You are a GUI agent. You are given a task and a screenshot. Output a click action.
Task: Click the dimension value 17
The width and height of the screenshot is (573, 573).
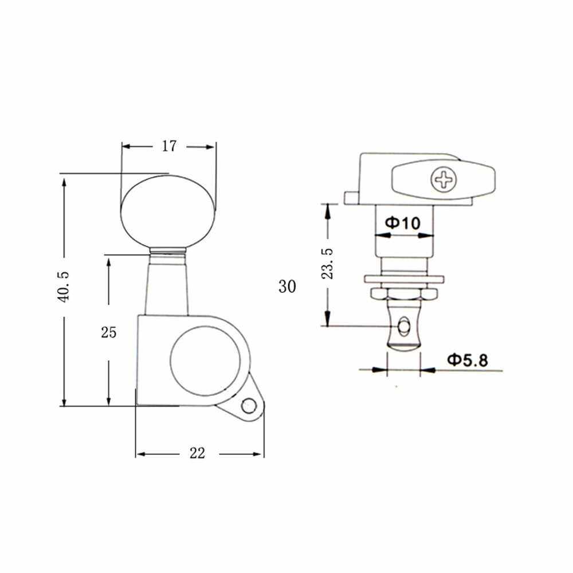(169, 146)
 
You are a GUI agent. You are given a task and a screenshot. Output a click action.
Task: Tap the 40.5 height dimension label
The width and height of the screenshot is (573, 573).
(64, 287)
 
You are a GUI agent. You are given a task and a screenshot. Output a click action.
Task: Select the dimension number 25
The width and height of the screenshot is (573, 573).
(108, 332)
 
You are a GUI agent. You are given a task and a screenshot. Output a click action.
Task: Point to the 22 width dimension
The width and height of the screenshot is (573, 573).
(197, 453)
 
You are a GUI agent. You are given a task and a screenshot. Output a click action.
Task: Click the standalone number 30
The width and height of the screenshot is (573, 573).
(287, 286)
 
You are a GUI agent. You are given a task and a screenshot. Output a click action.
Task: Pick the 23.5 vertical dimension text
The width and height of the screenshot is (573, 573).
(327, 264)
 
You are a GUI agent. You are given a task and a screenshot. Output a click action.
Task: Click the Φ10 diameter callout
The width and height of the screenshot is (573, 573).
(403, 222)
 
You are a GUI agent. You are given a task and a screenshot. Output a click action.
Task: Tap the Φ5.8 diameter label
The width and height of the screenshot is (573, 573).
(468, 360)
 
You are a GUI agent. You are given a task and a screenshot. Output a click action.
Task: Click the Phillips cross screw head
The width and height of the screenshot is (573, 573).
(444, 179)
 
